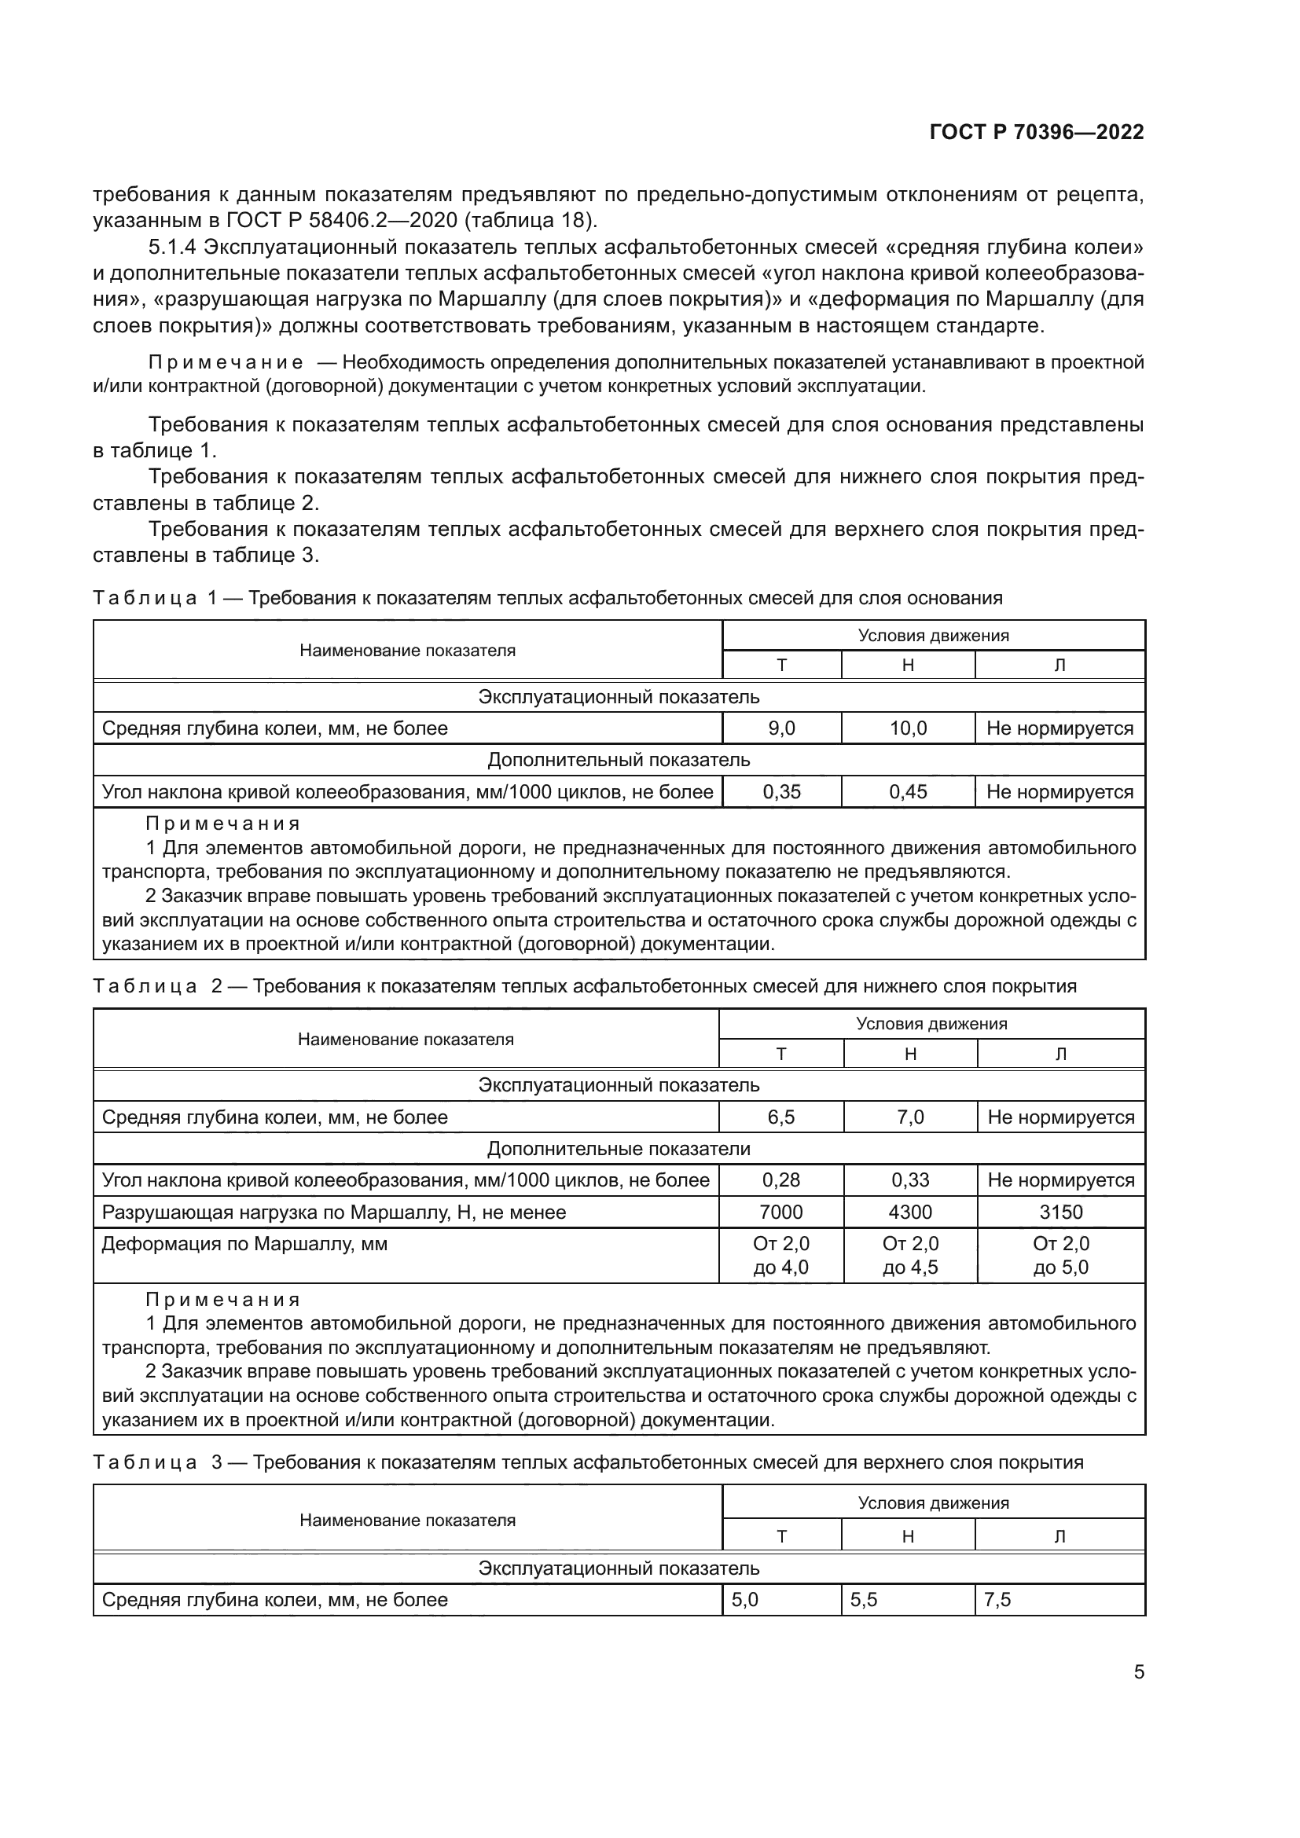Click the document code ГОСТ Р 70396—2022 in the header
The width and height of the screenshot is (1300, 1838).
(x=1037, y=133)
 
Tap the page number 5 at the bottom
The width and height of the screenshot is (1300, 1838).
(x=1138, y=1672)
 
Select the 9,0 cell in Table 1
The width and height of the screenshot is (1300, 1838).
(x=781, y=728)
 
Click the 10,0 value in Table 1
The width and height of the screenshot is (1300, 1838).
(x=908, y=728)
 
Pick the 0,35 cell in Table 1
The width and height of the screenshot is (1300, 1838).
(x=781, y=792)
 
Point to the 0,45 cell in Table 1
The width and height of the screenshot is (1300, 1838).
(x=908, y=792)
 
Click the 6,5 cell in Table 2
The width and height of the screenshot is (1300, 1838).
(x=781, y=1117)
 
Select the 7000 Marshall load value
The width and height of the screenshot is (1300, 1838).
(x=781, y=1212)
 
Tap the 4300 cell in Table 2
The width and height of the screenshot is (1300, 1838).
(x=910, y=1212)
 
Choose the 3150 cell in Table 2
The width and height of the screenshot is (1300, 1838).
(x=1060, y=1212)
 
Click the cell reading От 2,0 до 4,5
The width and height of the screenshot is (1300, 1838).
(x=910, y=1255)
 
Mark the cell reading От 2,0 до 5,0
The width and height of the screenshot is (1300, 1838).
(x=1060, y=1255)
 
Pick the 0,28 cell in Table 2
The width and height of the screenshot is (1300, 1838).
(x=781, y=1180)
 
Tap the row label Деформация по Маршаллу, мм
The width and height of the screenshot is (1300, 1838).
(x=244, y=1244)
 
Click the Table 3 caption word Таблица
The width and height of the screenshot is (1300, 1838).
(x=144, y=1462)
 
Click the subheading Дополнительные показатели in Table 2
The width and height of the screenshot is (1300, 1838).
(x=619, y=1149)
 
